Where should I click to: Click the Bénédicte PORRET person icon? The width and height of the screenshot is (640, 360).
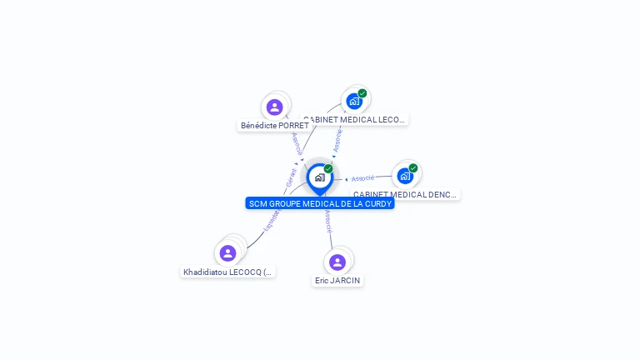[274, 107]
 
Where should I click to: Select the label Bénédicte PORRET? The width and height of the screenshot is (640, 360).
[274, 126]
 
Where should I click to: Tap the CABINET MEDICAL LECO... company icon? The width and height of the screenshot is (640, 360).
[354, 102]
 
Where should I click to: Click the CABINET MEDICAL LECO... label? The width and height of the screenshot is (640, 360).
[354, 120]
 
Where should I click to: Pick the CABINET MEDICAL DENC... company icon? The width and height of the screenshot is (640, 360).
[405, 176]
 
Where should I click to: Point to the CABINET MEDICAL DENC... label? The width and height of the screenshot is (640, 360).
[405, 195]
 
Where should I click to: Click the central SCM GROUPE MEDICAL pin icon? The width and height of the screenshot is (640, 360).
[319, 177]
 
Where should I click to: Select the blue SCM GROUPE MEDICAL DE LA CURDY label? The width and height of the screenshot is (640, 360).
[320, 203]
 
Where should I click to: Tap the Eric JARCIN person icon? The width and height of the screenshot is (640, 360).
[337, 262]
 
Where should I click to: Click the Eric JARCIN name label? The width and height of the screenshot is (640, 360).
[337, 281]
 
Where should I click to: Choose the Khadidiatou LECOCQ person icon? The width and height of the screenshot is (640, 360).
[227, 253]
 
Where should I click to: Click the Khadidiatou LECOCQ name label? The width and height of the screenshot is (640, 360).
[227, 272]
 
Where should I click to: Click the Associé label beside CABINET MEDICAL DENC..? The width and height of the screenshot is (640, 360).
[362, 178]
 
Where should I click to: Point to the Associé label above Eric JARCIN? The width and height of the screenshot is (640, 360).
[328, 221]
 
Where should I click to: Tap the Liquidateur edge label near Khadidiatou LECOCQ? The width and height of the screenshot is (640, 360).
[271, 219]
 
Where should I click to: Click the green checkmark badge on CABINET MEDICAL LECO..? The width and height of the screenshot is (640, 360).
[362, 93]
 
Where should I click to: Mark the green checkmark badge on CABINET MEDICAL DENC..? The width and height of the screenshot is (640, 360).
[413, 167]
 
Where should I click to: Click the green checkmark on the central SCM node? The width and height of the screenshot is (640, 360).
[328, 168]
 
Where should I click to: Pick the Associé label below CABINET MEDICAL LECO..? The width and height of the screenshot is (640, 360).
[337, 139]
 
